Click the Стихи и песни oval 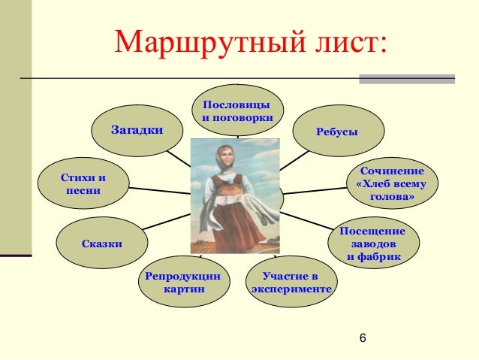[x=83, y=184]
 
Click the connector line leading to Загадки [x=179, y=159]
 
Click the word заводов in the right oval [x=373, y=244]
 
